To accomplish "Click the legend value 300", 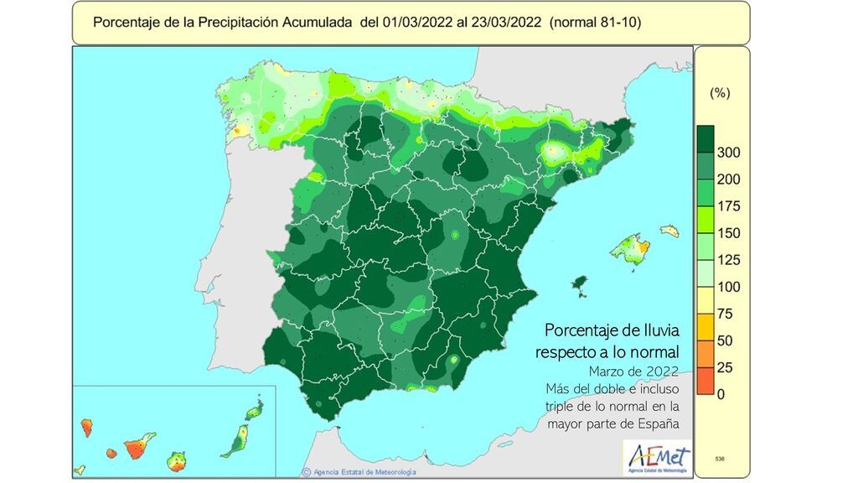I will [x=727, y=153].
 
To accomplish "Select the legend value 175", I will [x=727, y=206].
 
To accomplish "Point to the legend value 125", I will [x=727, y=260].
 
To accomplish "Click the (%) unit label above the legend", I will [x=720, y=94].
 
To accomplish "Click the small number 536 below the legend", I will [x=720, y=460].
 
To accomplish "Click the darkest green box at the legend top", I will [x=705, y=139].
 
